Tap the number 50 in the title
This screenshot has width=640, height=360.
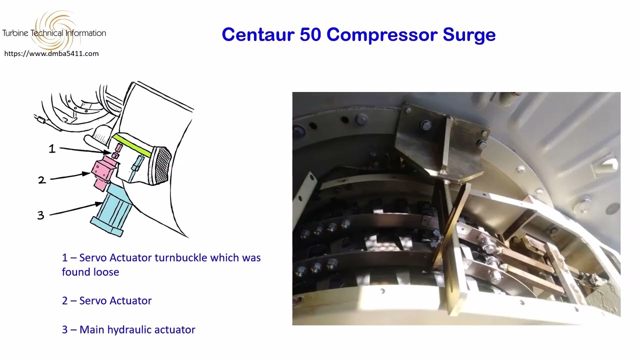pyautogui.click(x=311, y=34)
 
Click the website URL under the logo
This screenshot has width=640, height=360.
pyautogui.click(x=51, y=53)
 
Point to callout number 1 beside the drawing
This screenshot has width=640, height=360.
pyautogui.click(x=52, y=148)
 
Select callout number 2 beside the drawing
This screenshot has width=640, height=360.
pyautogui.click(x=41, y=180)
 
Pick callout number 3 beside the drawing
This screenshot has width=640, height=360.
pyautogui.click(x=40, y=215)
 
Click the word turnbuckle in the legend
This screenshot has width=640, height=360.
pyautogui.click(x=181, y=258)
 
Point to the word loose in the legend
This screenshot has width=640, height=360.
pyautogui.click(x=105, y=272)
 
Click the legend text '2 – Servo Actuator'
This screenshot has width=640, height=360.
pyautogui.click(x=106, y=300)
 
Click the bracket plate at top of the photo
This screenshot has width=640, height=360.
pyautogui.click(x=440, y=145)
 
